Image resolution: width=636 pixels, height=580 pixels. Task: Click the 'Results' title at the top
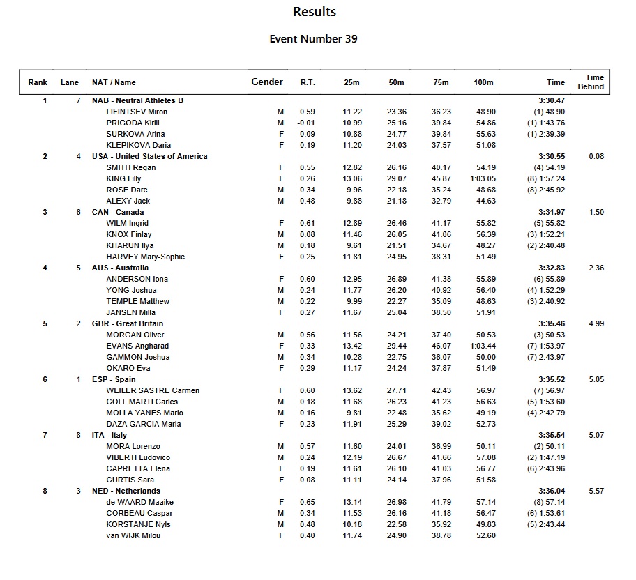click(314, 12)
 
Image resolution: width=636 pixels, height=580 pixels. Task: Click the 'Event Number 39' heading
click(314, 39)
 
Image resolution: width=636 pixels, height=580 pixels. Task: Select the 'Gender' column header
click(267, 82)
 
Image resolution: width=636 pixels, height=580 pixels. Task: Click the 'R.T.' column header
click(308, 83)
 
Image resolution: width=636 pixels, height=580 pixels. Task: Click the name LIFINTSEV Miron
click(137, 112)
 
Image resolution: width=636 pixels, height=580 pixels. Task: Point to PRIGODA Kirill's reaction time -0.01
click(307, 123)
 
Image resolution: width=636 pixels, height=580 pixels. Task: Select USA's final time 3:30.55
click(551, 156)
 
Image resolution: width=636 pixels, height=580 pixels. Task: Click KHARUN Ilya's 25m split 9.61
click(351, 245)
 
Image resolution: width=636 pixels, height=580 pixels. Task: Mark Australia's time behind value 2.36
click(596, 268)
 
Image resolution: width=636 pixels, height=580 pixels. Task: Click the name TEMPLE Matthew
click(138, 301)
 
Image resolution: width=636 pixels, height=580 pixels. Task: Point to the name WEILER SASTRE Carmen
click(153, 390)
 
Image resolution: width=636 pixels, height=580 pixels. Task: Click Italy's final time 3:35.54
click(551, 435)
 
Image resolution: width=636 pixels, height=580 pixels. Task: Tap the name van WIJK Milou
click(133, 535)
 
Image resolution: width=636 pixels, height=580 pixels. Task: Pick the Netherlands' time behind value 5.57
click(596, 491)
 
